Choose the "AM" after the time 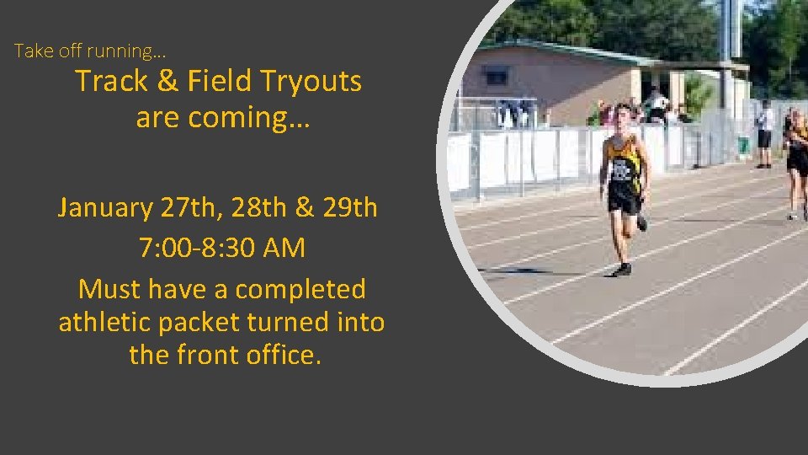pyautogui.click(x=284, y=249)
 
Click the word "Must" pyautogui.click(x=109, y=289)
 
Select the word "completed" pyautogui.click(x=300, y=289)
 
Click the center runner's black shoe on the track pyautogui.click(x=622, y=270)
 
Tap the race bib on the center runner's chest pyautogui.click(x=622, y=170)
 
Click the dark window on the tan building pyautogui.click(x=497, y=77)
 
